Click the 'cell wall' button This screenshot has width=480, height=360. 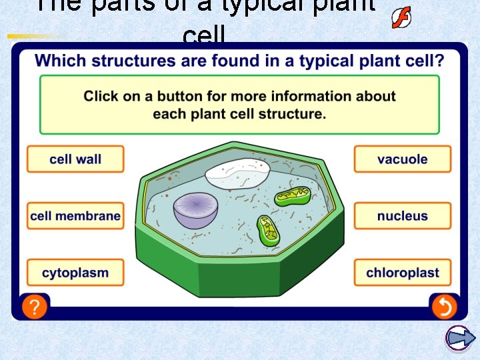[75, 159]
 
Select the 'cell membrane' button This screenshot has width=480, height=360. [75, 216]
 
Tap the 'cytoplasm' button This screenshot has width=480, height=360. [75, 273]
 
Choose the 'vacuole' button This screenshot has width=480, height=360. [402, 159]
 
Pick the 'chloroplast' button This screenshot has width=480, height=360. [402, 273]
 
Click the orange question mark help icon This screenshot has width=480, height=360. [35, 307]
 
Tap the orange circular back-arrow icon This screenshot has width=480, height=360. [443, 307]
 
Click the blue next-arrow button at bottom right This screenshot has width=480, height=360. [459, 338]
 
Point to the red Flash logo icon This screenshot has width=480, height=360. [401, 18]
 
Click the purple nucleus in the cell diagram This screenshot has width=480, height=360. [195, 209]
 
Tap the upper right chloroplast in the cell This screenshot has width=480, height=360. [293, 195]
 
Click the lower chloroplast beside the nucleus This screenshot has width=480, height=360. [267, 231]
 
